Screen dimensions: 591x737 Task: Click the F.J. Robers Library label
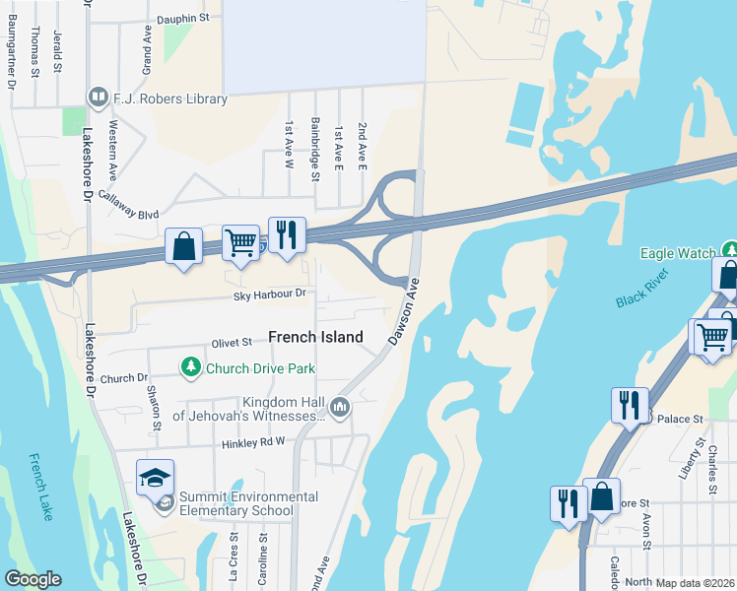171,98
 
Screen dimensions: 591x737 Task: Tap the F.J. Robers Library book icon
98,97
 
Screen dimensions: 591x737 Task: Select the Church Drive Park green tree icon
190,368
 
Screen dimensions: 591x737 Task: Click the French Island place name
315,337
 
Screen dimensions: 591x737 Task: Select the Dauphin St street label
183,18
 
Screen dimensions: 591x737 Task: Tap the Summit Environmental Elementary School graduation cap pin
156,478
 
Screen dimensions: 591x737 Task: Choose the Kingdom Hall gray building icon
340,406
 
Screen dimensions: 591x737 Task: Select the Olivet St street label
234,344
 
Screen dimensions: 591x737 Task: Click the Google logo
33,579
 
